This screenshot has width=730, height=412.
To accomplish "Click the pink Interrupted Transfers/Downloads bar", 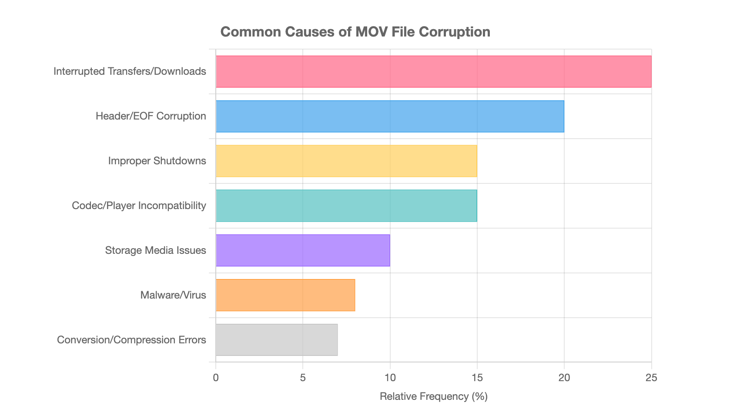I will pyautogui.click(x=433, y=72).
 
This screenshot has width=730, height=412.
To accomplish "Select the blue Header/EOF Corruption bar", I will pyautogui.click(x=390, y=116).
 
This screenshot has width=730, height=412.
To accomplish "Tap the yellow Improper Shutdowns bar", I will pyautogui.click(x=346, y=161).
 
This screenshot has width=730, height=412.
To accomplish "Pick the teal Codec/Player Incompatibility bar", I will pyautogui.click(x=346, y=206).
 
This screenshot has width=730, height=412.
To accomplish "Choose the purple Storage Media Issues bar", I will pyautogui.click(x=303, y=250).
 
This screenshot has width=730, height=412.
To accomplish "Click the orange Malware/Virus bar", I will pyautogui.click(x=285, y=295).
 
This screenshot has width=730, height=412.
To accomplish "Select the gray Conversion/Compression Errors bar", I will pyautogui.click(x=277, y=340).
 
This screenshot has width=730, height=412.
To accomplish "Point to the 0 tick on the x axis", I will pyautogui.click(x=216, y=378).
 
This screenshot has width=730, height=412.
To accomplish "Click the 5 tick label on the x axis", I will pyautogui.click(x=303, y=378).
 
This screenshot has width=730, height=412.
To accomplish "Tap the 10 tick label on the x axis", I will pyautogui.click(x=390, y=378).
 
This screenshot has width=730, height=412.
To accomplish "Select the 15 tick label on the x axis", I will pyautogui.click(x=477, y=378).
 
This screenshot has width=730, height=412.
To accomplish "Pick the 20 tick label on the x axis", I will pyautogui.click(x=564, y=378).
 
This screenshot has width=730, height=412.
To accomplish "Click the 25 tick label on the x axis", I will pyautogui.click(x=651, y=378).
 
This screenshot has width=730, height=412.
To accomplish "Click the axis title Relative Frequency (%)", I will pyautogui.click(x=433, y=396).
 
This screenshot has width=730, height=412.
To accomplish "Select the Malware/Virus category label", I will pyautogui.click(x=173, y=296).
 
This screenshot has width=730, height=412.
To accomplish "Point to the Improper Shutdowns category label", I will pyautogui.click(x=157, y=161).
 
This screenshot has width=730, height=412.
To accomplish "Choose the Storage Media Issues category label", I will pyautogui.click(x=155, y=250).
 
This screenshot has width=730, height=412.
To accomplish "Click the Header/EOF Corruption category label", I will pyautogui.click(x=151, y=116).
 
